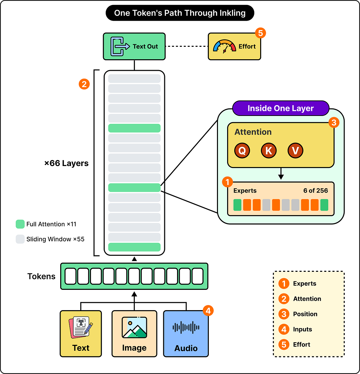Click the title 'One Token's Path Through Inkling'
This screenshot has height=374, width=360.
coord(180,13)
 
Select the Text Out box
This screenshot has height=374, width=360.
coord(134,46)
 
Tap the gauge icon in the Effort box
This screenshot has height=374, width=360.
coord(224,46)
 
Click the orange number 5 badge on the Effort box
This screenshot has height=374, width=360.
coord(261,33)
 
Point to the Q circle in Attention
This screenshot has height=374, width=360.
coord(242,151)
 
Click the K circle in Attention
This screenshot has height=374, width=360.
coord(269,151)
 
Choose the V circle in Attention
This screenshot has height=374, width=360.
coord(296,151)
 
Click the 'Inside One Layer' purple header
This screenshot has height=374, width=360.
coord(280,108)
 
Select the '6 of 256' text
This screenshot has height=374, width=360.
coord(315,191)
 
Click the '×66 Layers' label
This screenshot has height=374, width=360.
coord(66,163)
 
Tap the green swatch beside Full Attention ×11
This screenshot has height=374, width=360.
coord(20,224)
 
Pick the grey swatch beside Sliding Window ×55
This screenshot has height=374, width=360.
coord(20,239)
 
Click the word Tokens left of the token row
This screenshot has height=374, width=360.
coord(41,276)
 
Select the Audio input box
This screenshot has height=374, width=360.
coord(186,334)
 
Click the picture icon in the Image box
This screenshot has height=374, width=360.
coord(135,327)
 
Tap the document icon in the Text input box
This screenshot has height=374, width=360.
coord(81,327)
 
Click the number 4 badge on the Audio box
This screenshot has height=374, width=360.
coord(208,310)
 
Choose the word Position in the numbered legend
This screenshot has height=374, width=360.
coord(305,314)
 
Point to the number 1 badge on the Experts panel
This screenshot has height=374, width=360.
coord(227,182)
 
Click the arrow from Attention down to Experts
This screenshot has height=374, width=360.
coord(281,174)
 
